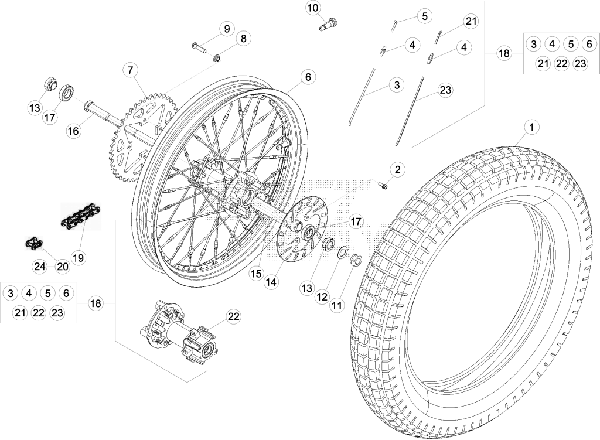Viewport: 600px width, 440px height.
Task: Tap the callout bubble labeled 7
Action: coord(131,70)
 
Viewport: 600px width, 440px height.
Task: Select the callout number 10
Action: coord(313,8)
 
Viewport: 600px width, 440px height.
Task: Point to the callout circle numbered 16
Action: coord(73,131)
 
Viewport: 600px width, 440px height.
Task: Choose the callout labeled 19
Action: coord(78,258)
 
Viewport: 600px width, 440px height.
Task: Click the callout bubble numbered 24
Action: coord(40,267)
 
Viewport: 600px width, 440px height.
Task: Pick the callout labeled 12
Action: coord(322,296)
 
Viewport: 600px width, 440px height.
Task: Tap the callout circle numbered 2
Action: coord(398,169)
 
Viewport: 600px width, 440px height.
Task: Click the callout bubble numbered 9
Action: coord(227,29)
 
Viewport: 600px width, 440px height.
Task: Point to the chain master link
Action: coord(33,244)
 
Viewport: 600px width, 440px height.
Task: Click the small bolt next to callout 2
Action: coord(382,185)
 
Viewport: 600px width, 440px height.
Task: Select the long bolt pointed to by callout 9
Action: coord(199,48)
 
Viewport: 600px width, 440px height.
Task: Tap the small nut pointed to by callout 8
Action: coord(217,58)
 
